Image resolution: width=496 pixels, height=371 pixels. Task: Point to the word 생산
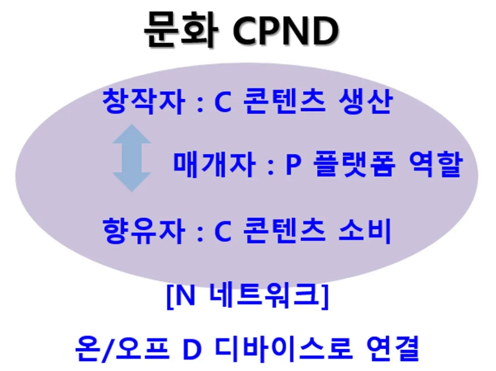pyautogui.click(x=365, y=102)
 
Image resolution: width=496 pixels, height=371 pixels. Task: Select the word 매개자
pyautogui.click(x=214, y=164)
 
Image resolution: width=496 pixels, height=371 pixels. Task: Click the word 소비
pyautogui.click(x=365, y=231)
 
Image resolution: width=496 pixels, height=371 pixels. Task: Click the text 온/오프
pyautogui.click(x=122, y=348)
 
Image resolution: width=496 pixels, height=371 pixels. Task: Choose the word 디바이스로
pyautogui.click(x=284, y=348)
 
